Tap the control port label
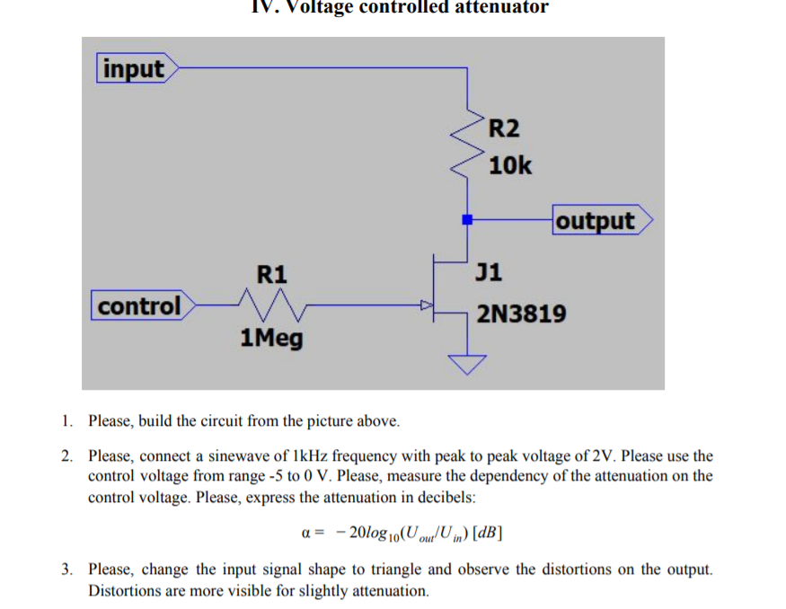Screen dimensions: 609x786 point(140,306)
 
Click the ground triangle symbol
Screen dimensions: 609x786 point(466,363)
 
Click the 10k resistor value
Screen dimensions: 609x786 point(510,166)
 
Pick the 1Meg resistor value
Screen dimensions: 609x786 point(271,339)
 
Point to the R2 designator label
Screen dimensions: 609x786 point(505,128)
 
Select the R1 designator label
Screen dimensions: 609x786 point(271,273)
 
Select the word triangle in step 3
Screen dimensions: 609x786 point(402,569)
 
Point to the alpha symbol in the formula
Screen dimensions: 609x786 point(305,533)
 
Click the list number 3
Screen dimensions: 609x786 point(66,569)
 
